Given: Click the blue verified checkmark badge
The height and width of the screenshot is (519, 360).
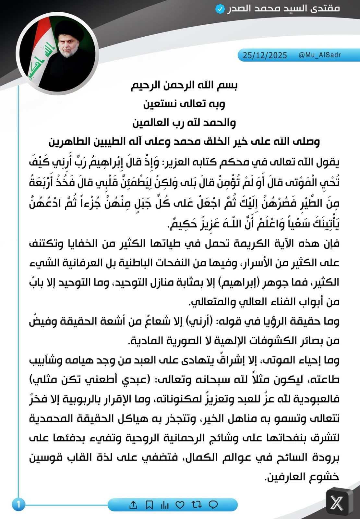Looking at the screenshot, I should [220, 9].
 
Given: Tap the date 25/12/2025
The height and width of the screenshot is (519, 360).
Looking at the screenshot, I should [265, 55].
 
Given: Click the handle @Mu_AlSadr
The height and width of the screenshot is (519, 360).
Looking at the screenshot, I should [319, 55].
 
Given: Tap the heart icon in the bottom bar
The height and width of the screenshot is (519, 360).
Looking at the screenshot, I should [180, 505].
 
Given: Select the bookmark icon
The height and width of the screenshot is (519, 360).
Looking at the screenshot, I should [149, 505].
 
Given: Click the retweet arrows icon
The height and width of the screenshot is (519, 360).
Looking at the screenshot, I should [197, 505].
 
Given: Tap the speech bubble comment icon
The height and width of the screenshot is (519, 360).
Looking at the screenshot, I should [213, 505].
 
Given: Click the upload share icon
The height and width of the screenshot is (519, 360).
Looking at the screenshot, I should [133, 505].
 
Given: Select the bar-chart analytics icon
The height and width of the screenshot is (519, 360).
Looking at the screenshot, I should [165, 505].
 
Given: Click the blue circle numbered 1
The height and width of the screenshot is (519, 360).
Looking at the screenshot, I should [18, 504].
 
